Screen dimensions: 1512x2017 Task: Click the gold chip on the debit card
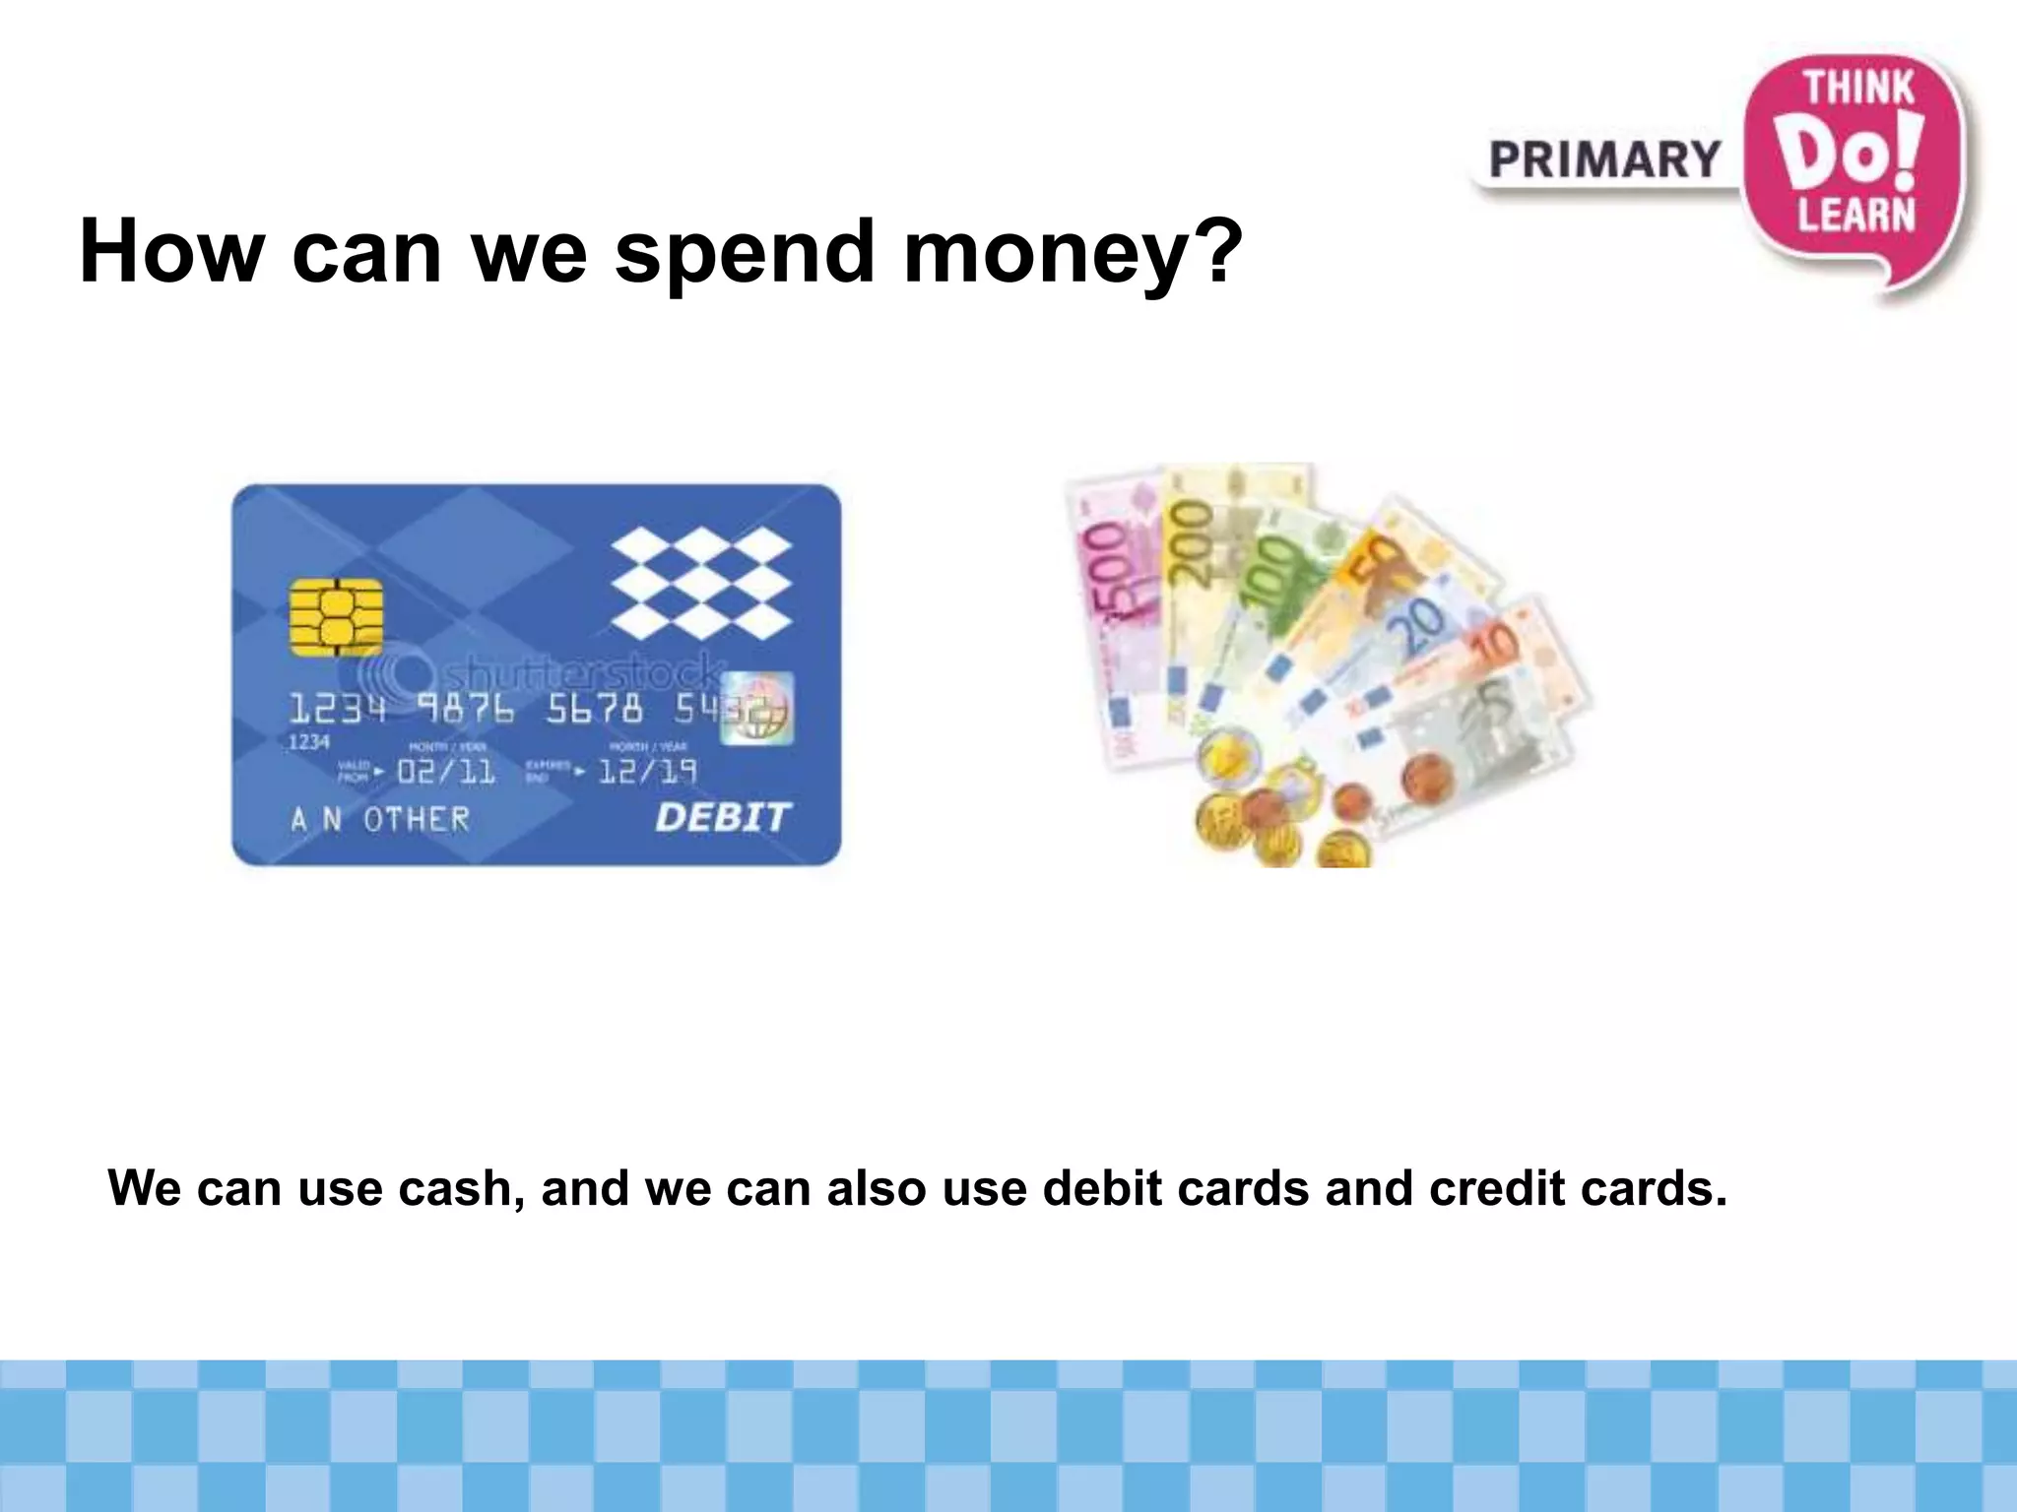tap(336, 617)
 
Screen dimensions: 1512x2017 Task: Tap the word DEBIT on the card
tap(722, 817)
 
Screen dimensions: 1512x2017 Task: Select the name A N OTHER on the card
tap(380, 819)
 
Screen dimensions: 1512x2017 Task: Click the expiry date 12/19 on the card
tap(647, 771)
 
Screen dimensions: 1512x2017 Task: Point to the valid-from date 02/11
tap(446, 771)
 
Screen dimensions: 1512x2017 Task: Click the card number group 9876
tap(465, 708)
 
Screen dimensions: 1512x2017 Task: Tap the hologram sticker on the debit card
tap(757, 708)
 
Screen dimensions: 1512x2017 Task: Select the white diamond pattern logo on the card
tap(701, 583)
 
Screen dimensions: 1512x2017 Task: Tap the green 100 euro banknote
tap(1270, 581)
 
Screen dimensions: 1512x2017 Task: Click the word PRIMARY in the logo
tap(1604, 160)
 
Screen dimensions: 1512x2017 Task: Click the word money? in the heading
tap(1074, 252)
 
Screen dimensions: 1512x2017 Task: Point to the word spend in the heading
tap(745, 252)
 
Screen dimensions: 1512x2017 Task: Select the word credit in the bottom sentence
tap(1496, 1188)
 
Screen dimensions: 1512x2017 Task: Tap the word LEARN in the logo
tap(1856, 215)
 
